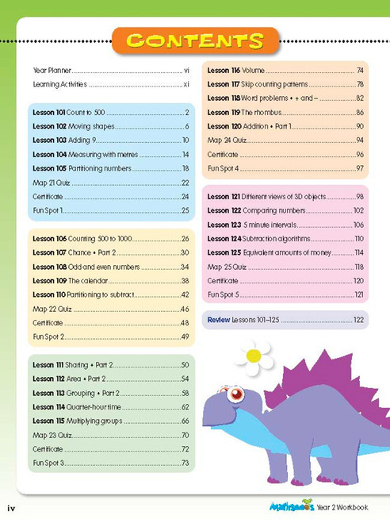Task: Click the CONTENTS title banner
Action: pos(195,40)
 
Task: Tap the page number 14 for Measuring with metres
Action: pos(185,155)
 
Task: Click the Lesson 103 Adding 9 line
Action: pos(110,140)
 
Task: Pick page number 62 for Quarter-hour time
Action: pos(185,407)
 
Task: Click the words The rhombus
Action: pos(262,113)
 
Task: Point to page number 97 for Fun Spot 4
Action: pos(360,168)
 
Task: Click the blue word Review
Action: pos(219,320)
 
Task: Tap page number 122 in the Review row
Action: pos(358,320)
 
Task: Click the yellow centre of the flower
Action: pos(254,356)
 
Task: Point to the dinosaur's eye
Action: pos(235,394)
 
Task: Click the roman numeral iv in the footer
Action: pos(11,509)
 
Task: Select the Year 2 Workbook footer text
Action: pos(342,508)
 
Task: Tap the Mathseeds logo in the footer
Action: pos(292,506)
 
